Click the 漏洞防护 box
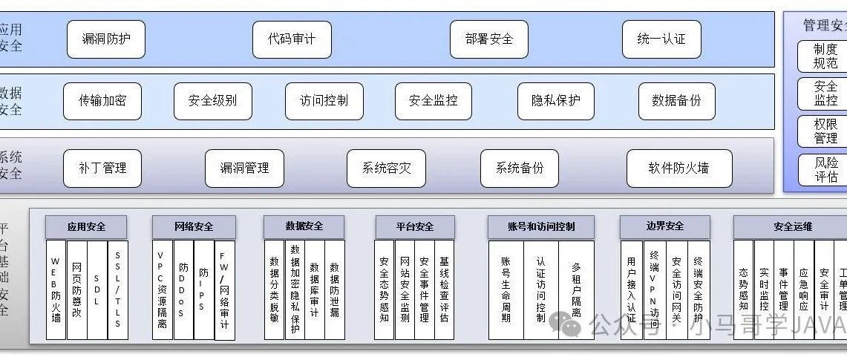coord(105,39)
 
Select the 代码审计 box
coord(291,39)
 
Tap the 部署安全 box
coord(489,39)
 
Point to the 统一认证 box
coord(661,39)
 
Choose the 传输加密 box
coord(102,101)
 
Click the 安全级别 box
coord(213,101)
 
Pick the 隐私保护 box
coord(556,101)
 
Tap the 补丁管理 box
coord(102,168)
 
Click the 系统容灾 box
coord(386,168)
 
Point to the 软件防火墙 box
coord(678,168)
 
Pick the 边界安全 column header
coord(664,226)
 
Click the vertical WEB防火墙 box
coord(56,290)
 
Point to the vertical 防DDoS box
coord(183,290)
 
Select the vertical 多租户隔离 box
coord(576,290)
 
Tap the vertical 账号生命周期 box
coord(506,290)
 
